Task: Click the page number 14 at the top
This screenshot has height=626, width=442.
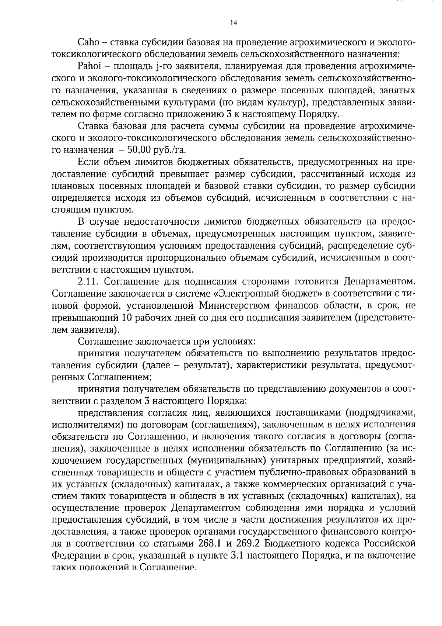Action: point(233,23)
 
